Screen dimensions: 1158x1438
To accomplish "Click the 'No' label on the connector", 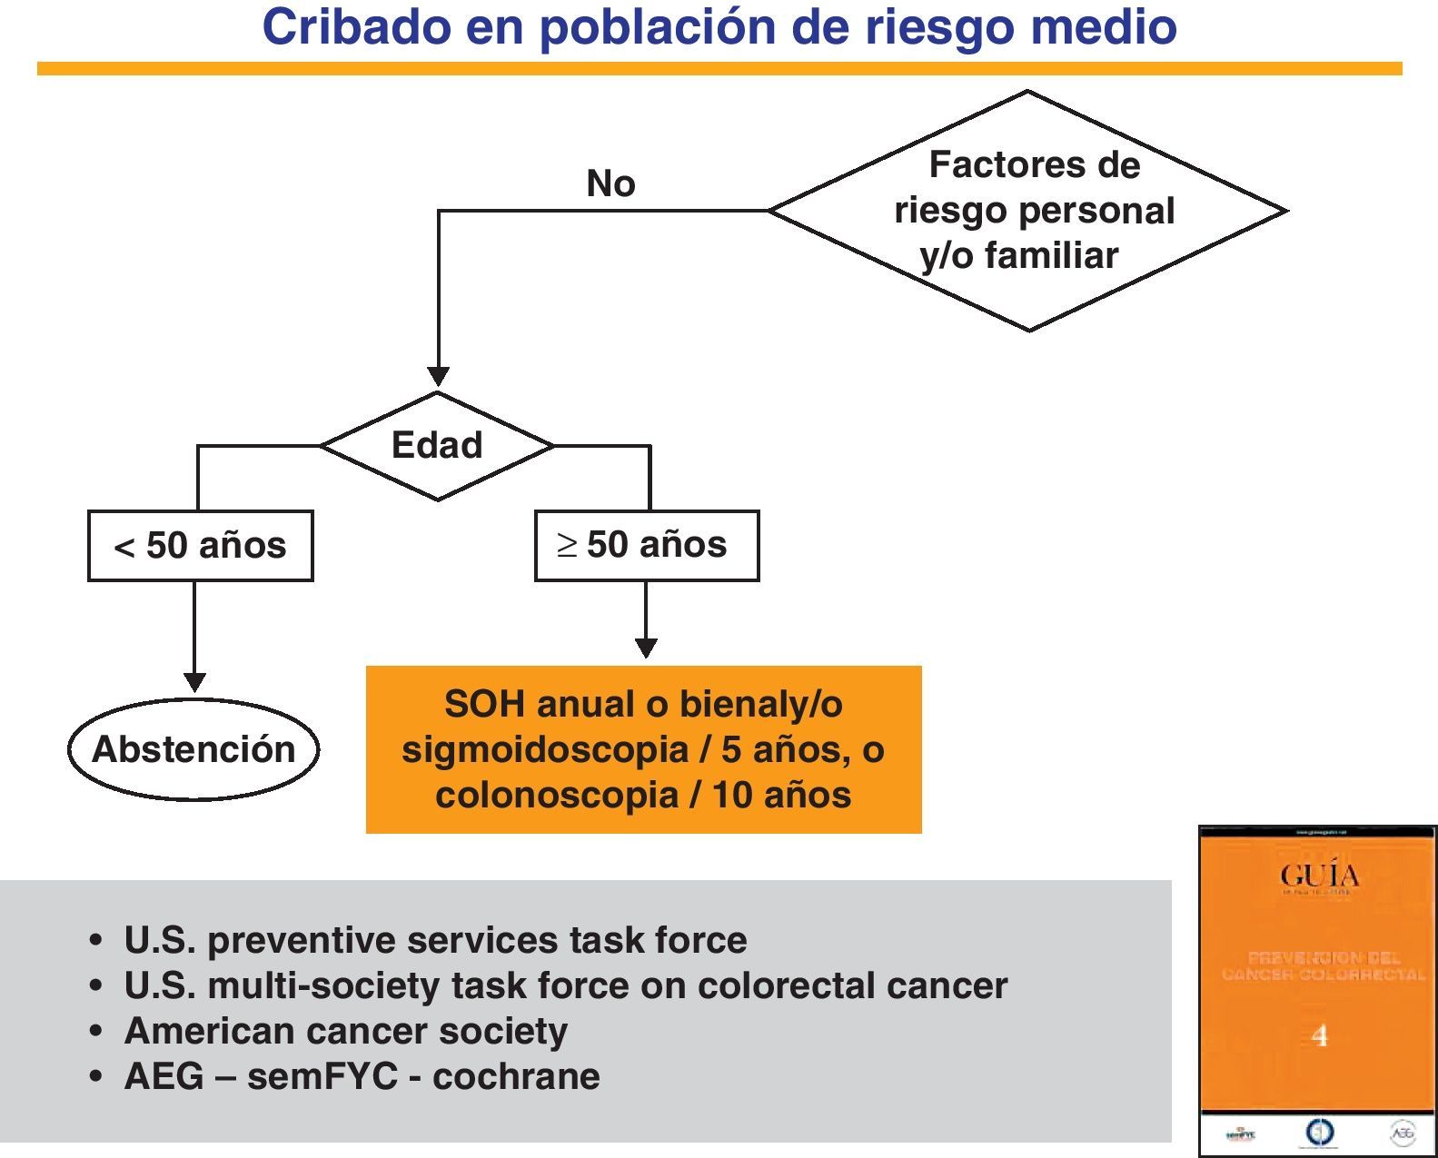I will [610, 184].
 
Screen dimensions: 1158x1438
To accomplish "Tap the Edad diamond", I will [437, 446].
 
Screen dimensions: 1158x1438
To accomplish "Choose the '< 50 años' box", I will [200, 546].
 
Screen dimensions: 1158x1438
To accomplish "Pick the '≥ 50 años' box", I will [646, 545].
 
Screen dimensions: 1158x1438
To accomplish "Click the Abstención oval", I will [193, 749].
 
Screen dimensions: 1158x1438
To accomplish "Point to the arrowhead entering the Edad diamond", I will [438, 376].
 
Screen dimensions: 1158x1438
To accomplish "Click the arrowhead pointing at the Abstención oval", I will [194, 682].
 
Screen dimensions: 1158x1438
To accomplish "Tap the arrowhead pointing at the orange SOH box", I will [646, 648].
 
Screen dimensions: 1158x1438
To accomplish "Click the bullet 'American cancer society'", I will [345, 1031].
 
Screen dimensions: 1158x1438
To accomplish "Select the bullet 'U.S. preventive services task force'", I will [435, 940].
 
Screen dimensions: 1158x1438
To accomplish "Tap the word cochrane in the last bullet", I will [516, 1076].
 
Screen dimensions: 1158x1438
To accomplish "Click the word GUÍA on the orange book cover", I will [1319, 876].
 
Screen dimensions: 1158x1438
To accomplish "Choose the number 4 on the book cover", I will [1319, 1035].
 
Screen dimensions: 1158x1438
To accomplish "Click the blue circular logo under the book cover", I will [1319, 1133].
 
